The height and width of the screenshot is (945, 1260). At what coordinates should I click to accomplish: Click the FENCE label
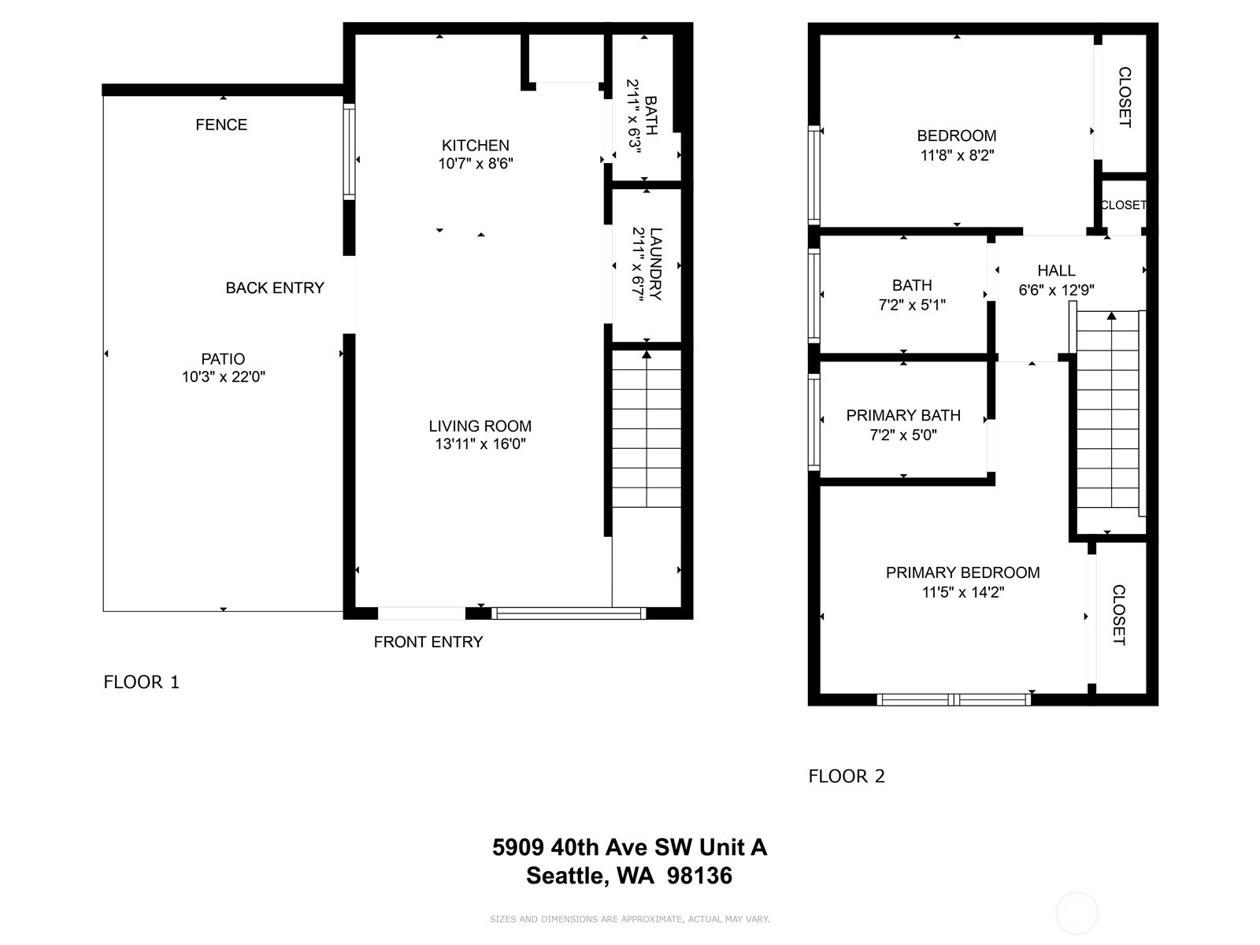click(x=221, y=124)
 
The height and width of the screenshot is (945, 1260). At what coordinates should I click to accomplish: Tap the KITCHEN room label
click(x=476, y=145)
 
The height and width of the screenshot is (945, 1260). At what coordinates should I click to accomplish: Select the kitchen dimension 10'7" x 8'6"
click(x=476, y=164)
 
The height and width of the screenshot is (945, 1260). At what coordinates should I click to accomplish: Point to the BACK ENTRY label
click(x=274, y=287)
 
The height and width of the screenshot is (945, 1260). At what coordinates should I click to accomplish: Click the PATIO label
click(x=223, y=358)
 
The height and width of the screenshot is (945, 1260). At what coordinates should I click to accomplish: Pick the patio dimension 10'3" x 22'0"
click(x=224, y=377)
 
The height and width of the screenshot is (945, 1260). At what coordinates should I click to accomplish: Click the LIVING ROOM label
click(x=480, y=426)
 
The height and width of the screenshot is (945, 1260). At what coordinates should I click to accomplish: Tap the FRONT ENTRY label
click(x=428, y=642)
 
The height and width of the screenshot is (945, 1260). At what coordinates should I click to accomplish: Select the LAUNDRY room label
click(x=655, y=264)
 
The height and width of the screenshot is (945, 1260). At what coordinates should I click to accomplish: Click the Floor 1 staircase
click(x=647, y=429)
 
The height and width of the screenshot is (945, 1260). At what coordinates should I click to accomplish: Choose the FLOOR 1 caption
click(x=141, y=682)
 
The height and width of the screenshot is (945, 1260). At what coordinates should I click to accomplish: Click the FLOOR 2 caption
click(x=847, y=776)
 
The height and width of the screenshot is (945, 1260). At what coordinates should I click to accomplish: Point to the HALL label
click(x=1056, y=270)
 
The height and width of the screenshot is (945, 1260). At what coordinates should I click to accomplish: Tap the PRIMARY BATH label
click(x=903, y=415)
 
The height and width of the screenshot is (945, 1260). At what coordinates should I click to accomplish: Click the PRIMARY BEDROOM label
click(x=962, y=572)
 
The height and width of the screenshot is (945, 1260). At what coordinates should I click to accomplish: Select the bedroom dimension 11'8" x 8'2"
click(x=957, y=155)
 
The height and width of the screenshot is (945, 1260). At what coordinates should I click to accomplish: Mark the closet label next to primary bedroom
click(x=1119, y=615)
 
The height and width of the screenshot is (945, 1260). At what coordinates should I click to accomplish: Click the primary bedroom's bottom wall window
click(x=954, y=699)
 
